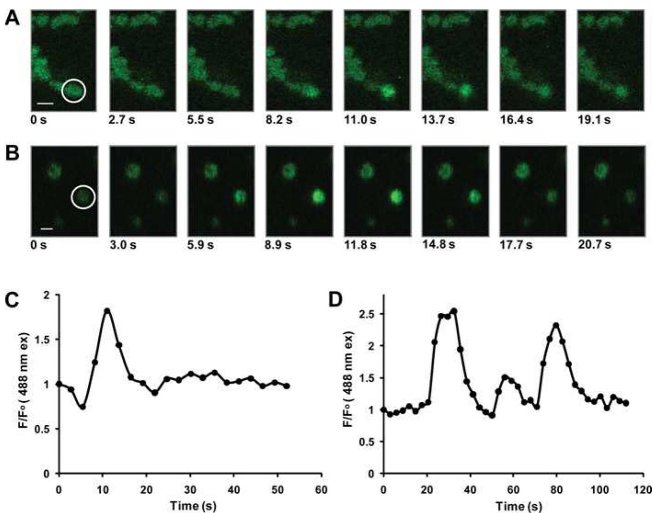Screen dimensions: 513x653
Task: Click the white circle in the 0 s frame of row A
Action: click(x=74, y=90)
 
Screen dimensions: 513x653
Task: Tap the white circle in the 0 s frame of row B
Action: click(x=83, y=197)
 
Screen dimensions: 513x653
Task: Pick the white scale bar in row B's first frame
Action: click(x=47, y=228)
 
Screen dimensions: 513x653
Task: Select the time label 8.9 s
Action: click(x=278, y=245)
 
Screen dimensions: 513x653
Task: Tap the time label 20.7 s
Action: click(x=594, y=245)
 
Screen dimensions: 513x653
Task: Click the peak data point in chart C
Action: click(x=107, y=311)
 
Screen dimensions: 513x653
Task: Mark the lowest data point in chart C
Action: click(x=83, y=407)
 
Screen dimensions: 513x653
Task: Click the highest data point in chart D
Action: click(x=454, y=311)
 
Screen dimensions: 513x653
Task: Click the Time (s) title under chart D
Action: click(x=515, y=506)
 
